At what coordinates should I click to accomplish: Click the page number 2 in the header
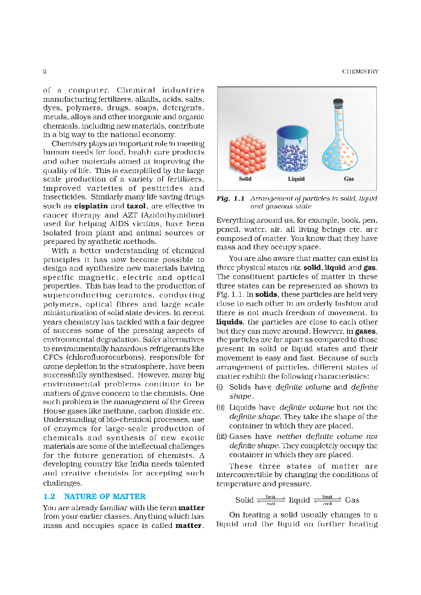pyautogui.click(x=45, y=71)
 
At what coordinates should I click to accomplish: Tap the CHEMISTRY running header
pyautogui.click(x=360, y=71)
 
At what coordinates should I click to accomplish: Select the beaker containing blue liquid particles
pyautogui.click(x=292, y=148)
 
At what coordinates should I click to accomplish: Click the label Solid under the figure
pyautogui.click(x=245, y=179)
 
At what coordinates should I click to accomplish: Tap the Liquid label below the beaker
pyautogui.click(x=296, y=179)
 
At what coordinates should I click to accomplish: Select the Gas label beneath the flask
pyautogui.click(x=348, y=179)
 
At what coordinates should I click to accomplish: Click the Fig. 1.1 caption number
pyautogui.click(x=230, y=198)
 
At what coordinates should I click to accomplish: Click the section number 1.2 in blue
pyautogui.click(x=49, y=497)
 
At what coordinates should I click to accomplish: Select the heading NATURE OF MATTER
pyautogui.click(x=105, y=497)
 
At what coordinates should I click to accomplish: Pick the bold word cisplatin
pyautogui.click(x=91, y=206)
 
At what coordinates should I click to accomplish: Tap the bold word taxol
pyautogui.click(x=136, y=206)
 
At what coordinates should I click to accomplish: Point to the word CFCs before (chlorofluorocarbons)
pyautogui.click(x=53, y=357)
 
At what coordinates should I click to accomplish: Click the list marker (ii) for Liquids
pyautogui.click(x=220, y=408)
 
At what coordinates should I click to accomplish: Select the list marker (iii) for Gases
pyautogui.click(x=221, y=436)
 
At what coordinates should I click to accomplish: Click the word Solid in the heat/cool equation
pyautogui.click(x=244, y=500)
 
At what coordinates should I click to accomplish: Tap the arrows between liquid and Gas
pyautogui.click(x=327, y=500)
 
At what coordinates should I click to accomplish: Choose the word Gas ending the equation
pyautogui.click(x=352, y=500)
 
